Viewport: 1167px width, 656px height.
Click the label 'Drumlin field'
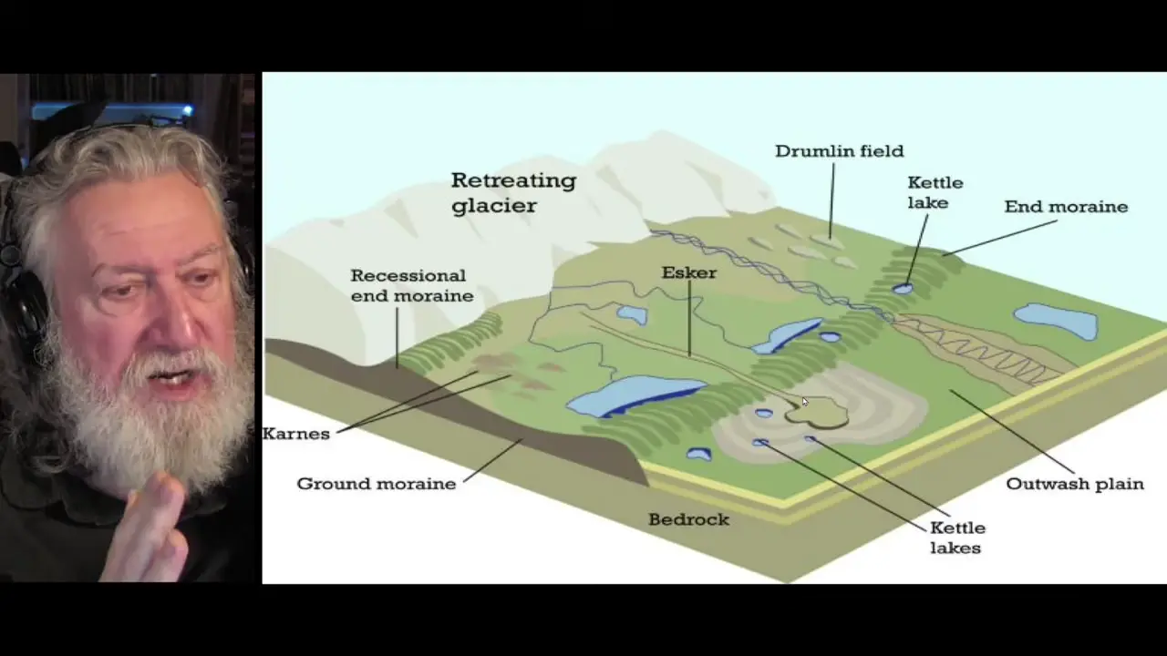click(x=840, y=151)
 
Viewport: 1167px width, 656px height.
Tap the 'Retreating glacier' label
click(x=513, y=192)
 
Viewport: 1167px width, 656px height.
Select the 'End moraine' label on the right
click(x=1066, y=207)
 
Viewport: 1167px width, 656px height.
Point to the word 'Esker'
click(x=688, y=272)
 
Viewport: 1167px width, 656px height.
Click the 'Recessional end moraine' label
click(x=412, y=285)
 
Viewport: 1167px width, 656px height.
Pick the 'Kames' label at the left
click(x=296, y=434)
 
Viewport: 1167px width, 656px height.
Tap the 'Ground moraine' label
click(x=377, y=484)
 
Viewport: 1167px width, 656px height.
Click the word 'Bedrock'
click(x=688, y=519)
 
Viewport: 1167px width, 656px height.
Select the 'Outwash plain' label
click(x=1075, y=484)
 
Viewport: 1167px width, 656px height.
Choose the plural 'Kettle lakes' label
click(x=957, y=538)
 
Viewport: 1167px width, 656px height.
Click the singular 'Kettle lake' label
click(x=935, y=192)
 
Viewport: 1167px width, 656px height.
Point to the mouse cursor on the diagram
click(x=805, y=402)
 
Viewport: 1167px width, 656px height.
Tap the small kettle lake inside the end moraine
click(x=903, y=289)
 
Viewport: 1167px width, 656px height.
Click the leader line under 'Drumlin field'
click(x=831, y=201)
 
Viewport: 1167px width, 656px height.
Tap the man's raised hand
click(x=149, y=531)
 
